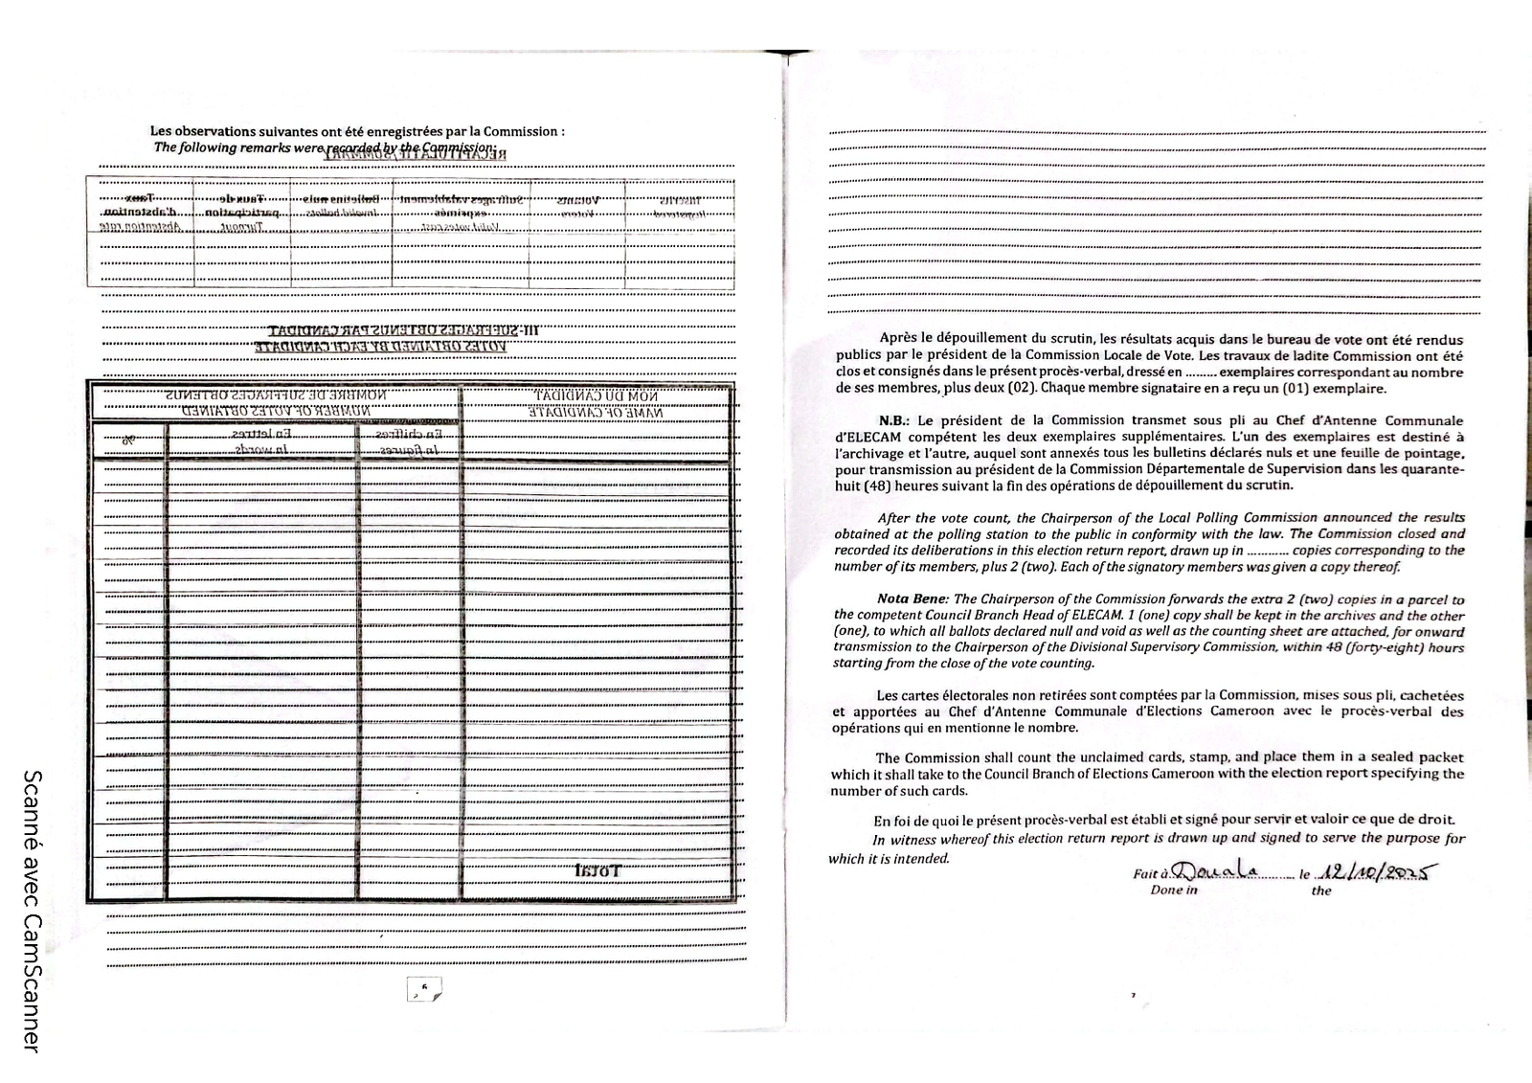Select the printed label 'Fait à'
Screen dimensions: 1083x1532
coord(1150,873)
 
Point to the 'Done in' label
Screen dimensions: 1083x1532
coord(1173,891)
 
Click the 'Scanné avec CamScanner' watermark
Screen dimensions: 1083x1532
coord(31,911)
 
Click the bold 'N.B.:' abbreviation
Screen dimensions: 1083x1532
coord(895,420)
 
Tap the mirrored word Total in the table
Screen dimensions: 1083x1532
coord(598,871)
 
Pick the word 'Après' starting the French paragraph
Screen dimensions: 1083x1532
coord(897,339)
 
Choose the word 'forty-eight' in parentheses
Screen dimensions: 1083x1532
coord(1383,647)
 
